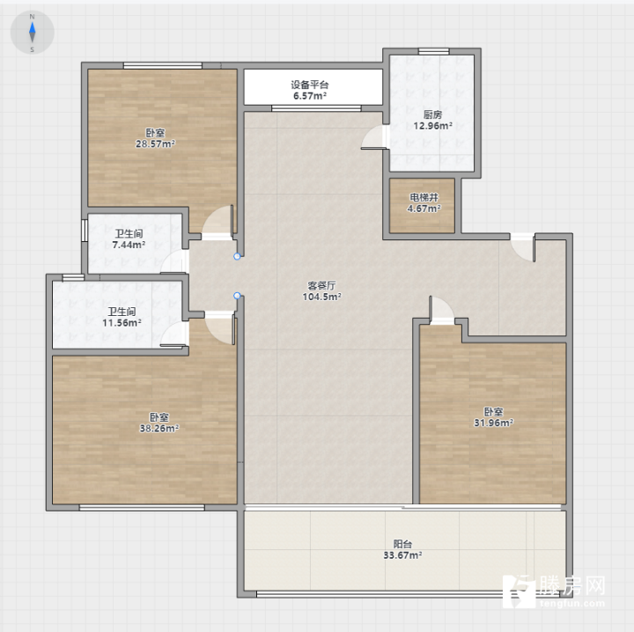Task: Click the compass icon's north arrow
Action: [x=33, y=27]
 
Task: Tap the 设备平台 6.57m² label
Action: [x=310, y=90]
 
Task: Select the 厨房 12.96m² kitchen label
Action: [x=432, y=120]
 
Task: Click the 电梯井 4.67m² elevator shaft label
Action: [x=424, y=202]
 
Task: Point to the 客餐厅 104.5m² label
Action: [x=322, y=291]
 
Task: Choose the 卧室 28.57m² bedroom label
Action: [x=155, y=138]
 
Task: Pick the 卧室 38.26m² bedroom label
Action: [x=159, y=423]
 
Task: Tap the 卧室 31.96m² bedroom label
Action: [x=494, y=417]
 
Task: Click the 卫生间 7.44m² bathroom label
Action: [x=129, y=239]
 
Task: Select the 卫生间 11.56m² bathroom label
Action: [x=122, y=317]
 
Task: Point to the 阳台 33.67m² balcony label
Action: [x=402, y=549]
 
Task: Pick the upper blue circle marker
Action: [x=238, y=256]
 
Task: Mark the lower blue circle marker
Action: [x=238, y=296]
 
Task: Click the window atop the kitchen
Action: [x=433, y=51]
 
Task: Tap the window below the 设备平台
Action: [x=316, y=108]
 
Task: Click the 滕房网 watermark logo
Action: [x=554, y=591]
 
